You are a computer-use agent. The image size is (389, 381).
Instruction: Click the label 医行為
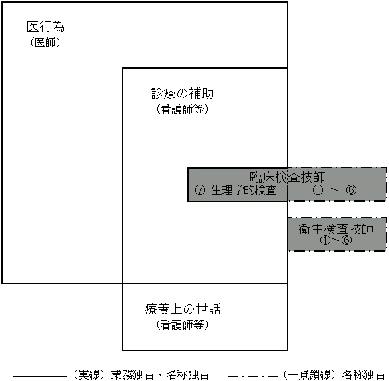pyautogui.click(x=45, y=27)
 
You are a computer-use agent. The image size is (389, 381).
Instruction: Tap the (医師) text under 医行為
pyautogui.click(x=45, y=43)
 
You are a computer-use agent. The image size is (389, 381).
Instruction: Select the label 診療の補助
pyautogui.click(x=182, y=93)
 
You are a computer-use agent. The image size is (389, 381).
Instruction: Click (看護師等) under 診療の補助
pyautogui.click(x=182, y=109)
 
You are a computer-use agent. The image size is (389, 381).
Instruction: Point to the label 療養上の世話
pyautogui.click(x=183, y=309)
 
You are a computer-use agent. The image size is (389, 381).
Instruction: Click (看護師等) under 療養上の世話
pyautogui.click(x=182, y=324)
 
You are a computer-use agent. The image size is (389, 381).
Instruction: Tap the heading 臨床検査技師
pyautogui.click(x=288, y=177)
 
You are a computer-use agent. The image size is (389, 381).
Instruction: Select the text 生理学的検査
pyautogui.click(x=244, y=190)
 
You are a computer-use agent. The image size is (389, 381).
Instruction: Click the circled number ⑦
pyautogui.click(x=200, y=190)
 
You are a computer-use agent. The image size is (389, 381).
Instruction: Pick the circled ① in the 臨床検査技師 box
pyautogui.click(x=318, y=190)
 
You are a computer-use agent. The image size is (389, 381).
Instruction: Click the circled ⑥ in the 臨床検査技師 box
pyautogui.click(x=351, y=190)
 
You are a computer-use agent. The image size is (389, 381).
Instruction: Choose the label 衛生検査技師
pyautogui.click(x=336, y=229)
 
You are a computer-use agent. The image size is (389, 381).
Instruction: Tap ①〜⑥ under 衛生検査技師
pyautogui.click(x=336, y=240)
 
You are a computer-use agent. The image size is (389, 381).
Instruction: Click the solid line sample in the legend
pyautogui.click(x=40, y=376)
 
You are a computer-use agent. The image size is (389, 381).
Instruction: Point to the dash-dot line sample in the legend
pyautogui.click(x=253, y=376)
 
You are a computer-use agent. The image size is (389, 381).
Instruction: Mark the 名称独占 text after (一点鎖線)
pyautogui.click(x=364, y=375)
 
